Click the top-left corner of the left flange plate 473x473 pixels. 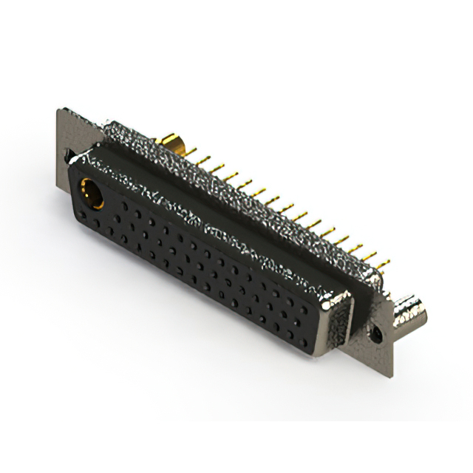coord(58,110)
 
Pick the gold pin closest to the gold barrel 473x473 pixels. coord(194,152)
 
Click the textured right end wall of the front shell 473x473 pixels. coord(341,325)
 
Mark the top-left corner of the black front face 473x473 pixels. coord(77,166)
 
